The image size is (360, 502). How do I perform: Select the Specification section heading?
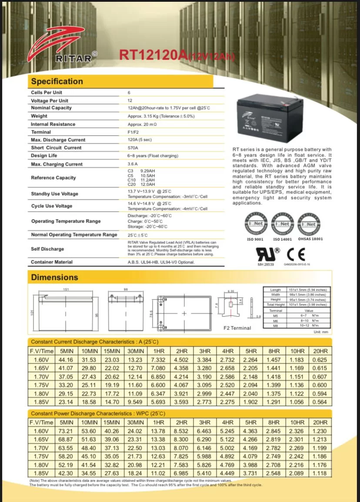57,81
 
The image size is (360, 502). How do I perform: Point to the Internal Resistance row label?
53,124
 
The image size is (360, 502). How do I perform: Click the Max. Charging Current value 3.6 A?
133,164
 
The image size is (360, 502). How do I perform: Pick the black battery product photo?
269,118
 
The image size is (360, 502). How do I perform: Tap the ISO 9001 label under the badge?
256,239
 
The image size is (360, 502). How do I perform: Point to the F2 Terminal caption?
237,328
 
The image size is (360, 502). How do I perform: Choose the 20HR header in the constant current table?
320,351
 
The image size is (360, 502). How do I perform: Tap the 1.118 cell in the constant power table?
320,473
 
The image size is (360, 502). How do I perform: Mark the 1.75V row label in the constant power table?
41,456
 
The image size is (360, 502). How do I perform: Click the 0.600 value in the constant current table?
320,385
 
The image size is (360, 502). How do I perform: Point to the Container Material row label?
52,262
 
